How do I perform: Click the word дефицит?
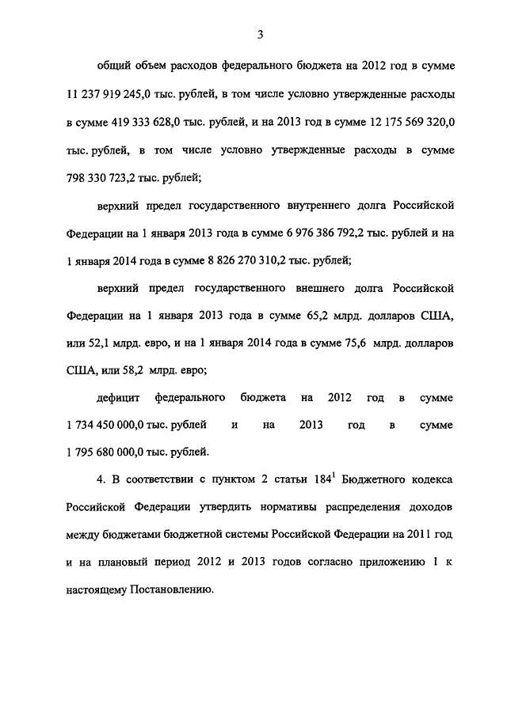point(119,397)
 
